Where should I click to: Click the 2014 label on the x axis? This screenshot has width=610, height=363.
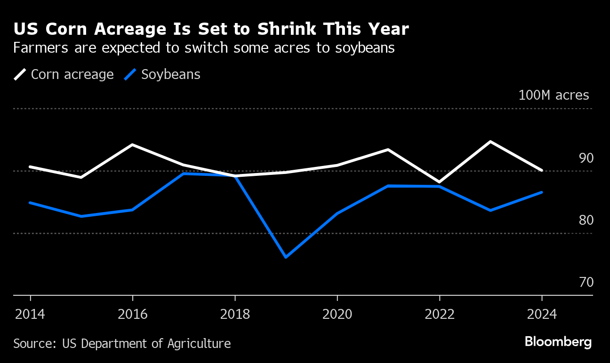coord(30,314)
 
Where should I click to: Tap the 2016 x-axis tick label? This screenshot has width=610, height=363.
coord(133,314)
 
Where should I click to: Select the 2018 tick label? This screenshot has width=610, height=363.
coord(235,314)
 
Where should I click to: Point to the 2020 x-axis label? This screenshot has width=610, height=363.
coord(337,314)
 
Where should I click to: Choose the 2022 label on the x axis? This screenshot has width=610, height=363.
coord(440,314)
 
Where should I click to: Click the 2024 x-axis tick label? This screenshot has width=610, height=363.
coord(542,314)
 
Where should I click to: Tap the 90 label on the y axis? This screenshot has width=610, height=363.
coord(586,158)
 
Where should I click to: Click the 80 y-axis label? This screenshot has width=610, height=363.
coord(586,221)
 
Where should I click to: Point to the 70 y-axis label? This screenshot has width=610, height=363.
coord(586,283)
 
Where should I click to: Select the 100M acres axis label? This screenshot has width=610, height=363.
coord(554,95)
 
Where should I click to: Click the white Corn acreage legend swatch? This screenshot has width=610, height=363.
coord(20,75)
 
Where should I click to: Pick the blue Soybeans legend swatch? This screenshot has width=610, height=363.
coord(130,75)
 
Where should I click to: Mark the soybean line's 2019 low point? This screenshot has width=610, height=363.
coord(286,257)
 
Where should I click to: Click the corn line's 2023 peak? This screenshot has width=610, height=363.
coord(490,142)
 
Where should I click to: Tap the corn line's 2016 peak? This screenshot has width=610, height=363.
coord(133,145)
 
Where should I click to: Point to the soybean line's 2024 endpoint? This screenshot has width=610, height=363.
coord(542,192)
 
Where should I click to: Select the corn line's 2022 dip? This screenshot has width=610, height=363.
coord(440,182)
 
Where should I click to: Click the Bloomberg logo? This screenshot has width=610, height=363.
coord(558,342)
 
